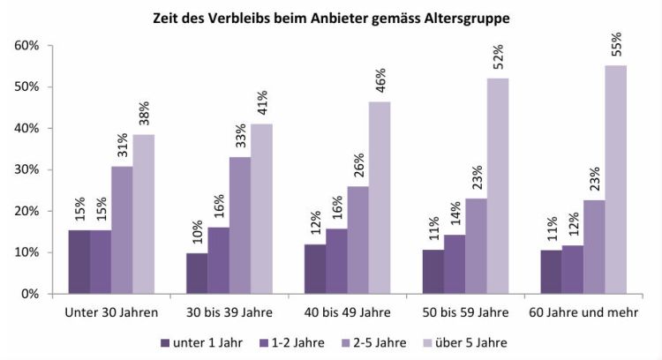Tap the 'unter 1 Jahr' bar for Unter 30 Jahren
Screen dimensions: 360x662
(x=79, y=261)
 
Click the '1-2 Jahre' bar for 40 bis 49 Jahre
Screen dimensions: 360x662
(x=336, y=260)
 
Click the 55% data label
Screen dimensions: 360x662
(x=616, y=46)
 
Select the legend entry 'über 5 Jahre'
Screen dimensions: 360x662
(x=475, y=341)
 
